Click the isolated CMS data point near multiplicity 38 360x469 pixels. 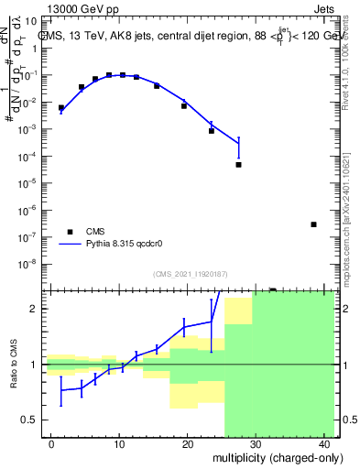coord(313,224)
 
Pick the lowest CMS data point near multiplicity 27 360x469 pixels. coord(238,165)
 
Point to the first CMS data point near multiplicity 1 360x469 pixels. coord(61,107)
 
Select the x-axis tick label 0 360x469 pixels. coord(51,442)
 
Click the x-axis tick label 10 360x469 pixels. coord(119,442)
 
